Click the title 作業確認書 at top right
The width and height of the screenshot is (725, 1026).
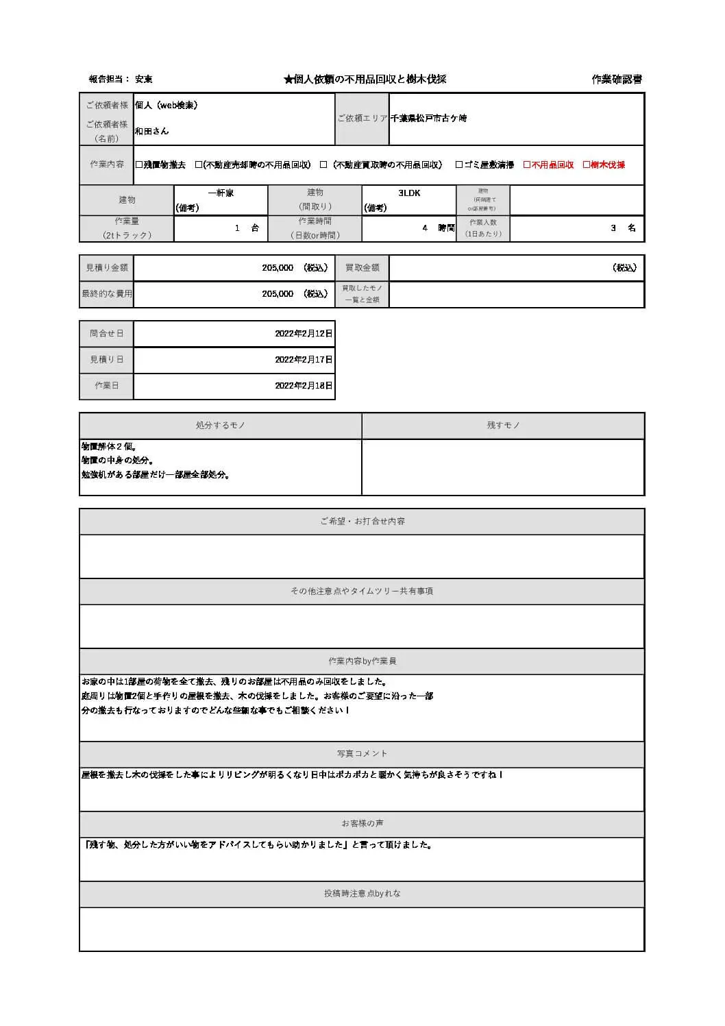(617, 80)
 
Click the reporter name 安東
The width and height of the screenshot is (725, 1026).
(144, 80)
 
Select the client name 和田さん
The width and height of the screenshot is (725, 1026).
(151, 131)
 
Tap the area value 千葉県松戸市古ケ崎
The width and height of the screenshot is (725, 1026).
(428, 119)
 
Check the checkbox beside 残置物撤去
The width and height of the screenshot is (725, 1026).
(139, 165)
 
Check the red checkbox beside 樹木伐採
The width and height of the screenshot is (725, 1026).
(587, 165)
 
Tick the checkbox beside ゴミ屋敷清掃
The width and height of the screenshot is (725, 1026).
(459, 165)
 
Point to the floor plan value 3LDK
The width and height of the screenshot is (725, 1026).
(409, 193)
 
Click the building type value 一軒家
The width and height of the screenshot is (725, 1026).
(221, 193)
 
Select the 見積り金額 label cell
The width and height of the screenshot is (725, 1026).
(106, 268)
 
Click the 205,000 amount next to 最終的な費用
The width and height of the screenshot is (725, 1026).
(278, 294)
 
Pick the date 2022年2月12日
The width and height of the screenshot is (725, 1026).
(304, 334)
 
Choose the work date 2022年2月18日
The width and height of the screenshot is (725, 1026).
(304, 386)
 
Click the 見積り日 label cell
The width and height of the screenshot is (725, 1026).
(106, 360)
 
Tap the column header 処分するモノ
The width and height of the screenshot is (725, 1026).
(220, 426)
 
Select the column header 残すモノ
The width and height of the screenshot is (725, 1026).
(503, 426)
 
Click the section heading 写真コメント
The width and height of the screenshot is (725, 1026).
(362, 754)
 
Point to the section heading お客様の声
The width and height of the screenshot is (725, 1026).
(362, 824)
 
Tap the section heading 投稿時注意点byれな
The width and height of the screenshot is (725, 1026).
(362, 894)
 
